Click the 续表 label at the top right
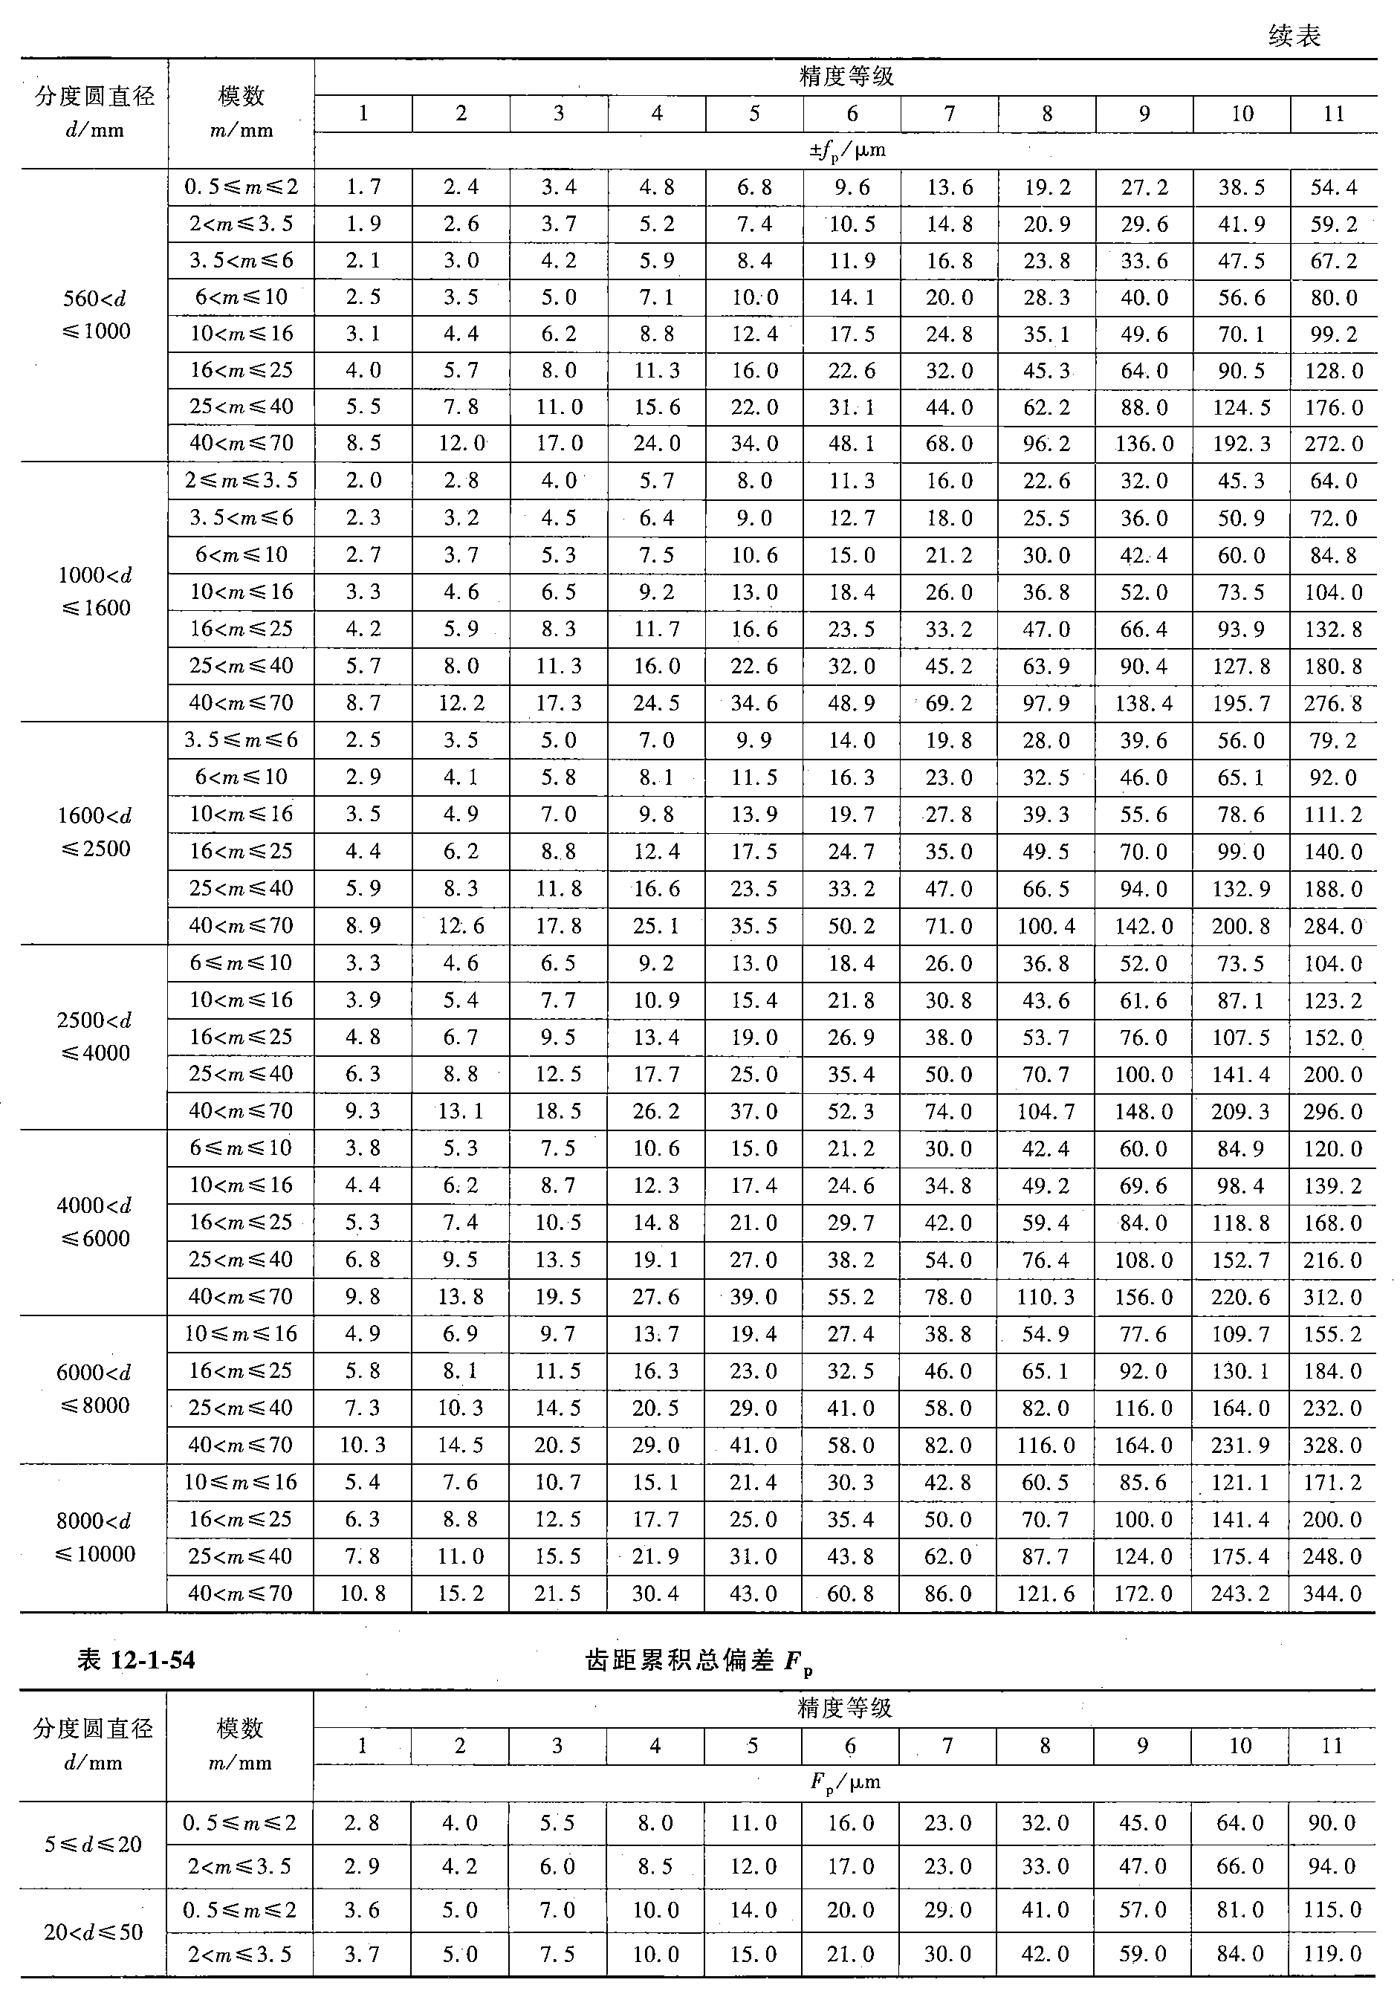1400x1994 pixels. tap(1294, 36)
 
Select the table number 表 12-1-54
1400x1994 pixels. tap(136, 1660)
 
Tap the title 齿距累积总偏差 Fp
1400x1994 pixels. tap(699, 1660)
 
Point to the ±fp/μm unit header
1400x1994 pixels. tap(846, 150)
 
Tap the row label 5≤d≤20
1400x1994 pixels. tap(93, 1844)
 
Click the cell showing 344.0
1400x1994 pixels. tap(1332, 1593)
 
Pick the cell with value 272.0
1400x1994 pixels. tap(1333, 444)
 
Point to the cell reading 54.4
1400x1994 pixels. tap(1333, 187)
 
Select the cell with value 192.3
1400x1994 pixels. tap(1241, 444)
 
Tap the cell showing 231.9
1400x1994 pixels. tap(1241, 1445)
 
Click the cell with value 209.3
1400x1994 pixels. tap(1241, 1111)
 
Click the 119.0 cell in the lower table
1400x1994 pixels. tap(1332, 1955)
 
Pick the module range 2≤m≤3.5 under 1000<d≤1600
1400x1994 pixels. tap(241, 480)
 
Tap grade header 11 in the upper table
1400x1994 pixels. tap(1333, 114)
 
